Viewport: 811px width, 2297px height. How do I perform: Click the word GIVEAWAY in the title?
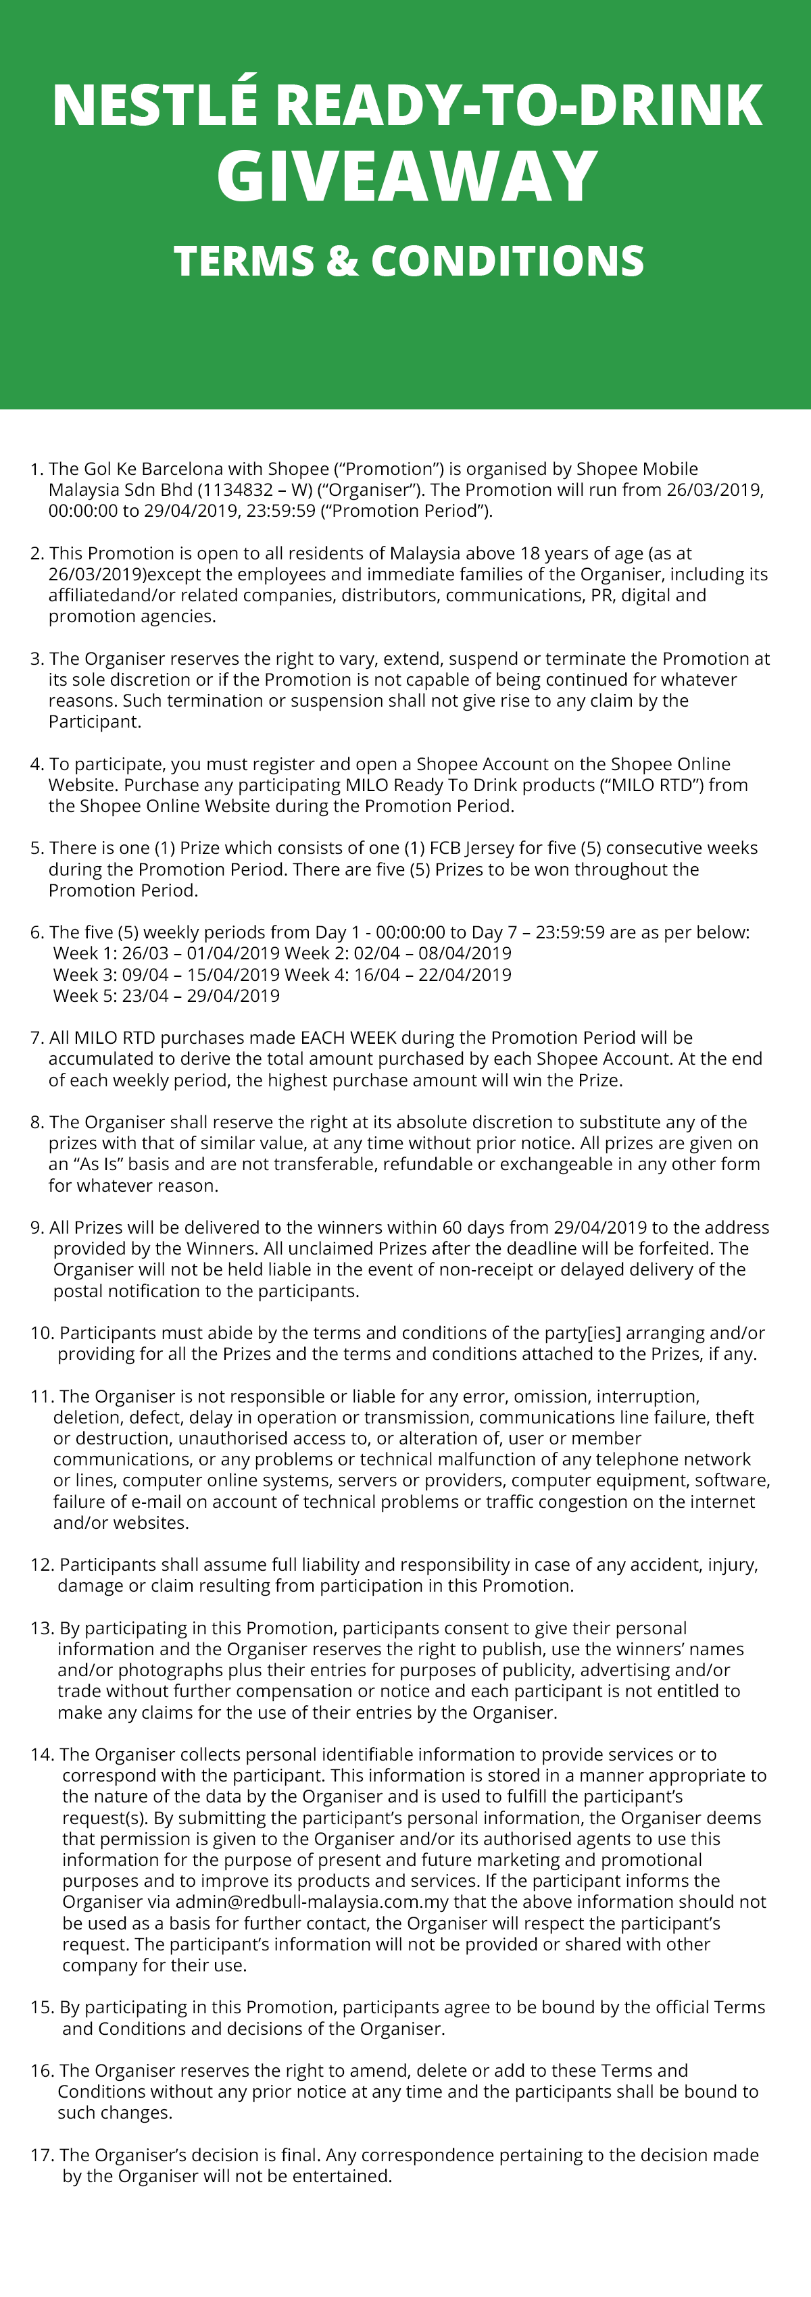click(x=407, y=176)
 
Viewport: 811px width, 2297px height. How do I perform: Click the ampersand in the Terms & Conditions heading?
click(x=342, y=261)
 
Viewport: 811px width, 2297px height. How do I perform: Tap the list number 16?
click(x=42, y=2071)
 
